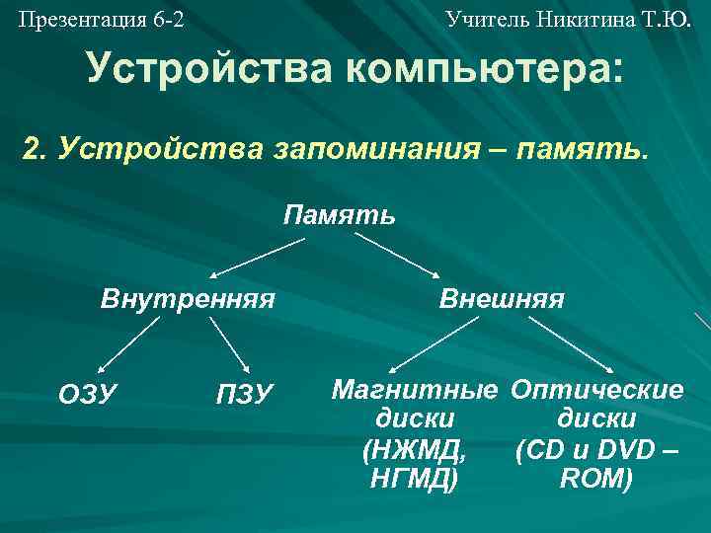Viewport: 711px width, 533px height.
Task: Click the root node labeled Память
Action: pyautogui.click(x=340, y=214)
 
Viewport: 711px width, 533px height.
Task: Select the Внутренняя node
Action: pyautogui.click(x=188, y=298)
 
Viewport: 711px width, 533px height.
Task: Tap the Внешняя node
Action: pyautogui.click(x=502, y=298)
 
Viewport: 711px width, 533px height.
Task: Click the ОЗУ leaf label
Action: pyautogui.click(x=88, y=394)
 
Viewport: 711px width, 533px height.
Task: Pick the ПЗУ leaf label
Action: pyautogui.click(x=243, y=394)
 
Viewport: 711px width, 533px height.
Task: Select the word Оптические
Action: pyautogui.click(x=596, y=389)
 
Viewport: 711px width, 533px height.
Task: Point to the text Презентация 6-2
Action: pyautogui.click(x=101, y=18)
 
